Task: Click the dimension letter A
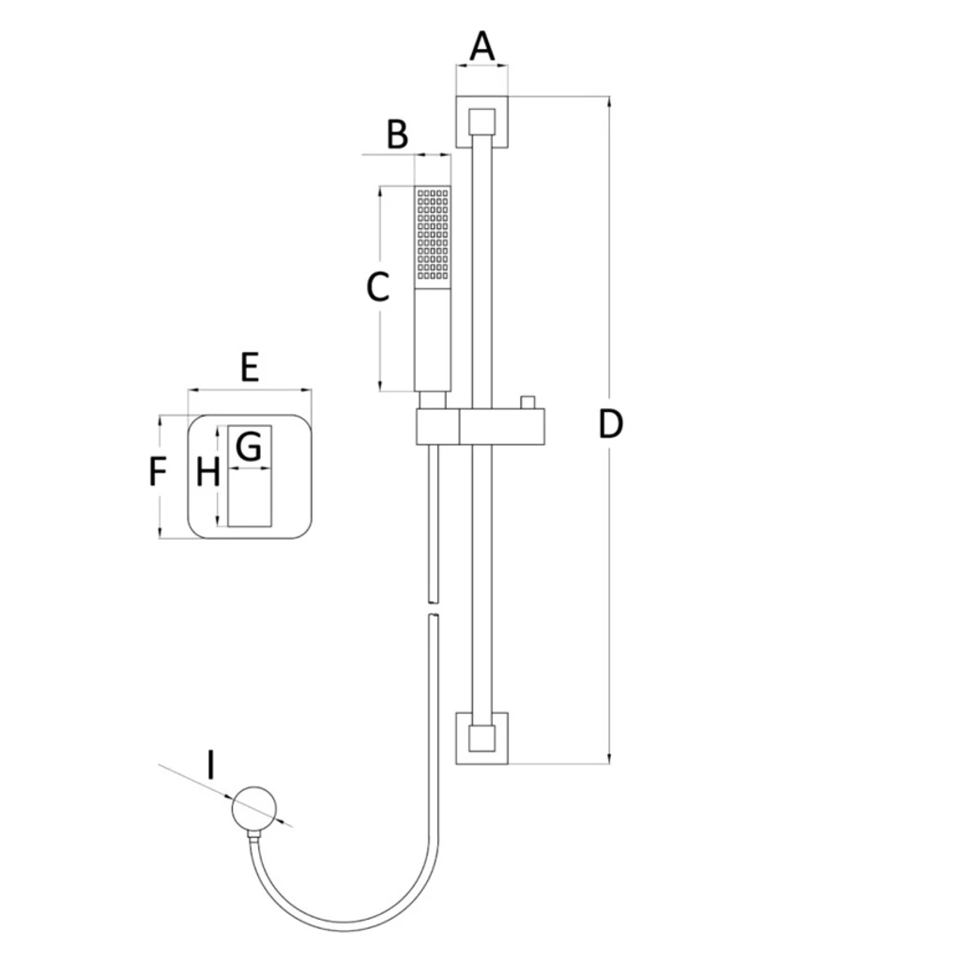[482, 47]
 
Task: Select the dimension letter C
[377, 287]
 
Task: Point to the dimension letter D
[610, 424]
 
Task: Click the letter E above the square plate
[250, 368]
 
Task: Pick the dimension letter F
[158, 472]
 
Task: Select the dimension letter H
[207, 473]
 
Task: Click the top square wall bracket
[481, 122]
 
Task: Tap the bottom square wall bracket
[481, 738]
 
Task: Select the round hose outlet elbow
[254, 809]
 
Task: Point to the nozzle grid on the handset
[433, 234]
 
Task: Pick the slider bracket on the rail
[480, 426]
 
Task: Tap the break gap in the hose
[433, 608]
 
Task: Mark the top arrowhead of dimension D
[609, 101]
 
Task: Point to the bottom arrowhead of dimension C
[381, 386]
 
